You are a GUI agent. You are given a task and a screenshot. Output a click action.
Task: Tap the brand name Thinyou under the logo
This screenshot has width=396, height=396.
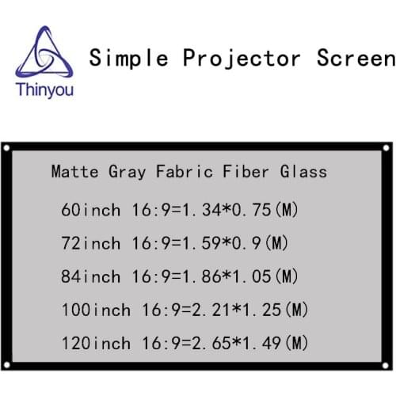pyautogui.click(x=44, y=92)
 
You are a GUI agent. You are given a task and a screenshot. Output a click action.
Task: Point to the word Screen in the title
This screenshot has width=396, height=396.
pyautogui.click(x=353, y=58)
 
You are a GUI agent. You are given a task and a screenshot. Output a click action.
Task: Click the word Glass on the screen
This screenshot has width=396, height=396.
pyautogui.click(x=304, y=171)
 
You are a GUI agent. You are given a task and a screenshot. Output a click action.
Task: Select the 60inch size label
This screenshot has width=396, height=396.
pyautogui.click(x=90, y=210)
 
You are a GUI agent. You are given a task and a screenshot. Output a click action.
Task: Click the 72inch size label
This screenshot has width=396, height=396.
pyautogui.click(x=90, y=243)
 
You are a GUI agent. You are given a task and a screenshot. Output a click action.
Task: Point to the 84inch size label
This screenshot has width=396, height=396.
pyautogui.click(x=90, y=276)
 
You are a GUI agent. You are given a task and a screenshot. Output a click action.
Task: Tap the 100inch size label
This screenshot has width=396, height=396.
pyautogui.click(x=95, y=310)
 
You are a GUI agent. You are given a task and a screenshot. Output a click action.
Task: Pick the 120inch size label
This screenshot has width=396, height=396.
pyautogui.click(x=95, y=343)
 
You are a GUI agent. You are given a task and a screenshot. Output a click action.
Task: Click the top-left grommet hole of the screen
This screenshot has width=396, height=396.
pyautogui.click(x=6, y=148)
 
